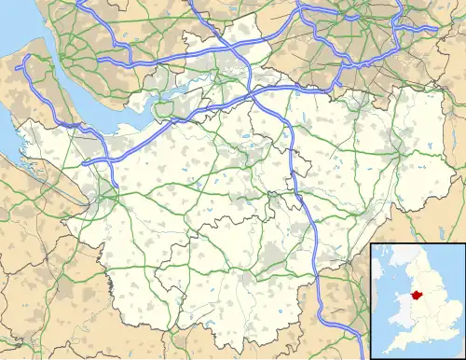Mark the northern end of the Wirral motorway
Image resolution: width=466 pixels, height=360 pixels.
[28, 58]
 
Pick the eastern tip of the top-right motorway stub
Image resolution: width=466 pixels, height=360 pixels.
[437, 28]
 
